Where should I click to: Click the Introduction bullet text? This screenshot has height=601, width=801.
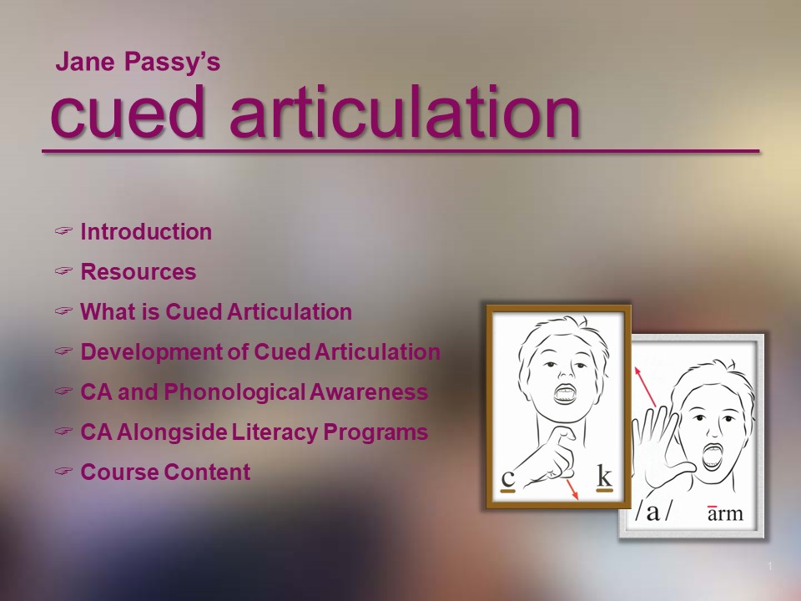(x=146, y=231)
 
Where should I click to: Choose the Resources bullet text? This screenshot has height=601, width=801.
(x=139, y=272)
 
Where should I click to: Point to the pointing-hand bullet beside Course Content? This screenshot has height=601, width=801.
(x=64, y=471)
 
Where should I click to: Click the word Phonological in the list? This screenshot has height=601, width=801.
(x=235, y=392)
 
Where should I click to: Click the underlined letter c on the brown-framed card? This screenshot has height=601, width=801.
(x=508, y=478)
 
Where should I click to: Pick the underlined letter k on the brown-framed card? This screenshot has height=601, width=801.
(x=604, y=477)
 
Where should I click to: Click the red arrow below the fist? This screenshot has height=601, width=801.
(x=572, y=490)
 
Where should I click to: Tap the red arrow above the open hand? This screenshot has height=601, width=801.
(x=645, y=386)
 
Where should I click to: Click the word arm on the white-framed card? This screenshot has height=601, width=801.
(x=725, y=513)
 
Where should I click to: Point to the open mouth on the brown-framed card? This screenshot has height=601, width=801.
(x=566, y=393)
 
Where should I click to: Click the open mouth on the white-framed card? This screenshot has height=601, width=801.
(x=712, y=457)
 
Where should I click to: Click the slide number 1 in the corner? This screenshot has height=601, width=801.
(x=769, y=566)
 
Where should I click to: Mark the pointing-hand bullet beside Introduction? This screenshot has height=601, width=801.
(x=64, y=230)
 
